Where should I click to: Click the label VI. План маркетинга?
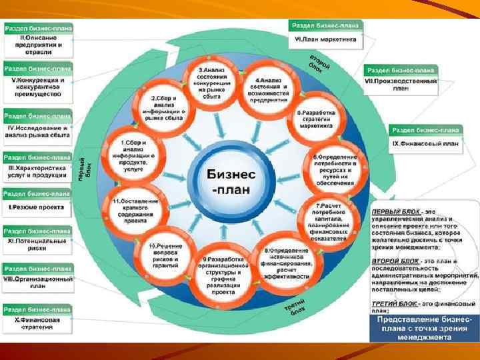pos(325,40)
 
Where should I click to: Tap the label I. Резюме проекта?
pos(37,207)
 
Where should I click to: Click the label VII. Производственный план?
pos(401,84)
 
